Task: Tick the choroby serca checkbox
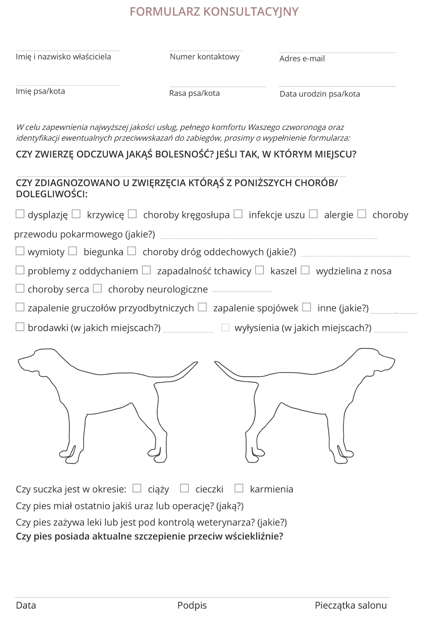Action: pos(20,288)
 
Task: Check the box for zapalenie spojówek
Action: pos(202,307)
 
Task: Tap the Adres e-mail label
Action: pos(302,59)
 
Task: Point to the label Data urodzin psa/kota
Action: pos(320,94)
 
